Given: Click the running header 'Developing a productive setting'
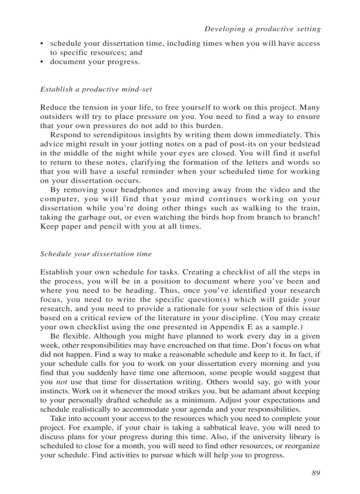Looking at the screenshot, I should coord(262,29).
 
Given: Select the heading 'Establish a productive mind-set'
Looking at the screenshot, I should coord(95,89).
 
